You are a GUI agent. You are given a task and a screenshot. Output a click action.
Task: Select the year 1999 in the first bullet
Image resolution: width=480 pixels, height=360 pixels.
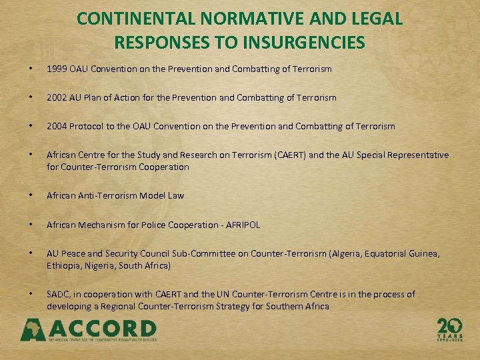click(x=57, y=69)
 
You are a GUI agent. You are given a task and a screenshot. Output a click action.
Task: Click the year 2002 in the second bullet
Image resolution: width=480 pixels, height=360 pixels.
click(x=57, y=97)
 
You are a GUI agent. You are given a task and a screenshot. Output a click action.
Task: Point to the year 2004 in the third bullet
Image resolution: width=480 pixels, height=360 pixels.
click(x=57, y=126)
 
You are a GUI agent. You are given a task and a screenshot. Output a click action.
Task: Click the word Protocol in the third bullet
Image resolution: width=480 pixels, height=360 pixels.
click(x=87, y=126)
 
